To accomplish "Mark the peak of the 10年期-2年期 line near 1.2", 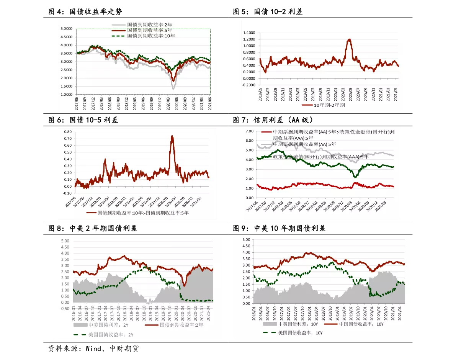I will [349, 39].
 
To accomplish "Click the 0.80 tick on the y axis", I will [68, 131].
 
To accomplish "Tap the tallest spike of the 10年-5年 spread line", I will [172, 136].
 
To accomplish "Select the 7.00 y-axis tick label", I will [249, 131].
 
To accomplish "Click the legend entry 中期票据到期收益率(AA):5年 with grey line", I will [304, 144].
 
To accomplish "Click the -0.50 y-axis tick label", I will [64, 309].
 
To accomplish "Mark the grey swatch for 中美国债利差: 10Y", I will [270, 324].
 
